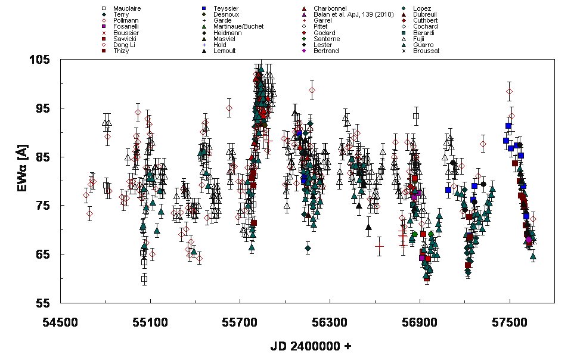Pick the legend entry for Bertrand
click(326, 51)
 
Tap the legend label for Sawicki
click(124, 39)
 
